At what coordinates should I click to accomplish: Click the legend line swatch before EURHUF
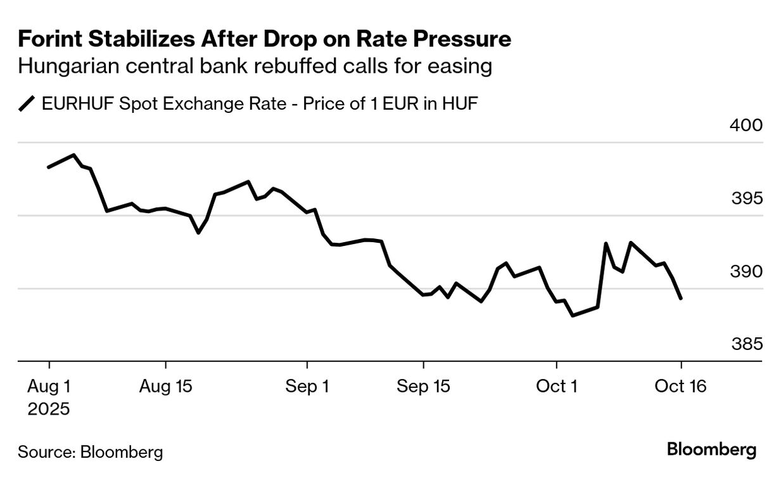(x=28, y=104)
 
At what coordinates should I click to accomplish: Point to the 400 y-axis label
(x=746, y=126)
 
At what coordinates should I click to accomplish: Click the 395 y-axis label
(x=746, y=198)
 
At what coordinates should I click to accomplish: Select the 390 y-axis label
(x=746, y=272)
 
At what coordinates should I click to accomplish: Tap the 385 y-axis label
(x=746, y=345)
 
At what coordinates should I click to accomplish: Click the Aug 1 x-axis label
(x=49, y=386)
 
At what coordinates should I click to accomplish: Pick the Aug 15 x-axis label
(x=165, y=386)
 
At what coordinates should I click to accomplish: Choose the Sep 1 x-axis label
(x=307, y=386)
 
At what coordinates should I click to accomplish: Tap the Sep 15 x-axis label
(x=424, y=386)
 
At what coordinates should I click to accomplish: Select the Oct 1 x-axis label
(x=556, y=386)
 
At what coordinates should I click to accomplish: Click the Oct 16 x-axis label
(x=682, y=386)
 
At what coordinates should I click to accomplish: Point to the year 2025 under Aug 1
(x=49, y=409)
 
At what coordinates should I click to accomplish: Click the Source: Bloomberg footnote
(x=91, y=452)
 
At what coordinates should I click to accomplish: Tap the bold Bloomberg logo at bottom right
(x=712, y=450)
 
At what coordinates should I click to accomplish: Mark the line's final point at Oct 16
(x=681, y=298)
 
